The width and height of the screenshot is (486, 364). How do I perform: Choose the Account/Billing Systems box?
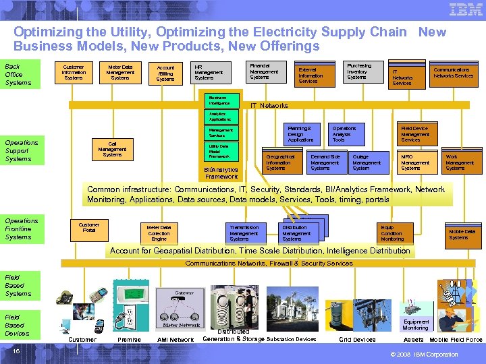[x=165, y=73]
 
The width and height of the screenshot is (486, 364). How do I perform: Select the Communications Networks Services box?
[x=453, y=73]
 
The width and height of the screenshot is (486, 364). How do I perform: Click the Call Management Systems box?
[x=112, y=149]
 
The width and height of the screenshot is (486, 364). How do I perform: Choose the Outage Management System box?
[x=369, y=162]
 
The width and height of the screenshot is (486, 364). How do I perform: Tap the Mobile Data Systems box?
[x=462, y=234]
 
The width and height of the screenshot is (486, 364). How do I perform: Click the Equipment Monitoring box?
[x=415, y=325]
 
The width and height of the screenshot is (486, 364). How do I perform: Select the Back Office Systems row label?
[x=18, y=74]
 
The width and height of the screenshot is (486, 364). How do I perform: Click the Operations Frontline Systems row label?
[x=22, y=229]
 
